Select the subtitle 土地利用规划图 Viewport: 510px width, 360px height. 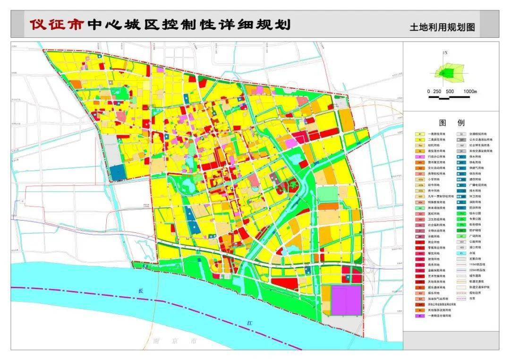442,27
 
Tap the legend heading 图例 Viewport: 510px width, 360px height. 451,123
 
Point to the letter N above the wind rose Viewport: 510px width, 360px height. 445,53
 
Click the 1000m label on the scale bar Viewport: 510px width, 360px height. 470,91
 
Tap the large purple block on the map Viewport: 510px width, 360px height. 346,300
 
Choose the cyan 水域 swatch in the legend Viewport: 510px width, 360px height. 461,253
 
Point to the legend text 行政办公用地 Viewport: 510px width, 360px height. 437,157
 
